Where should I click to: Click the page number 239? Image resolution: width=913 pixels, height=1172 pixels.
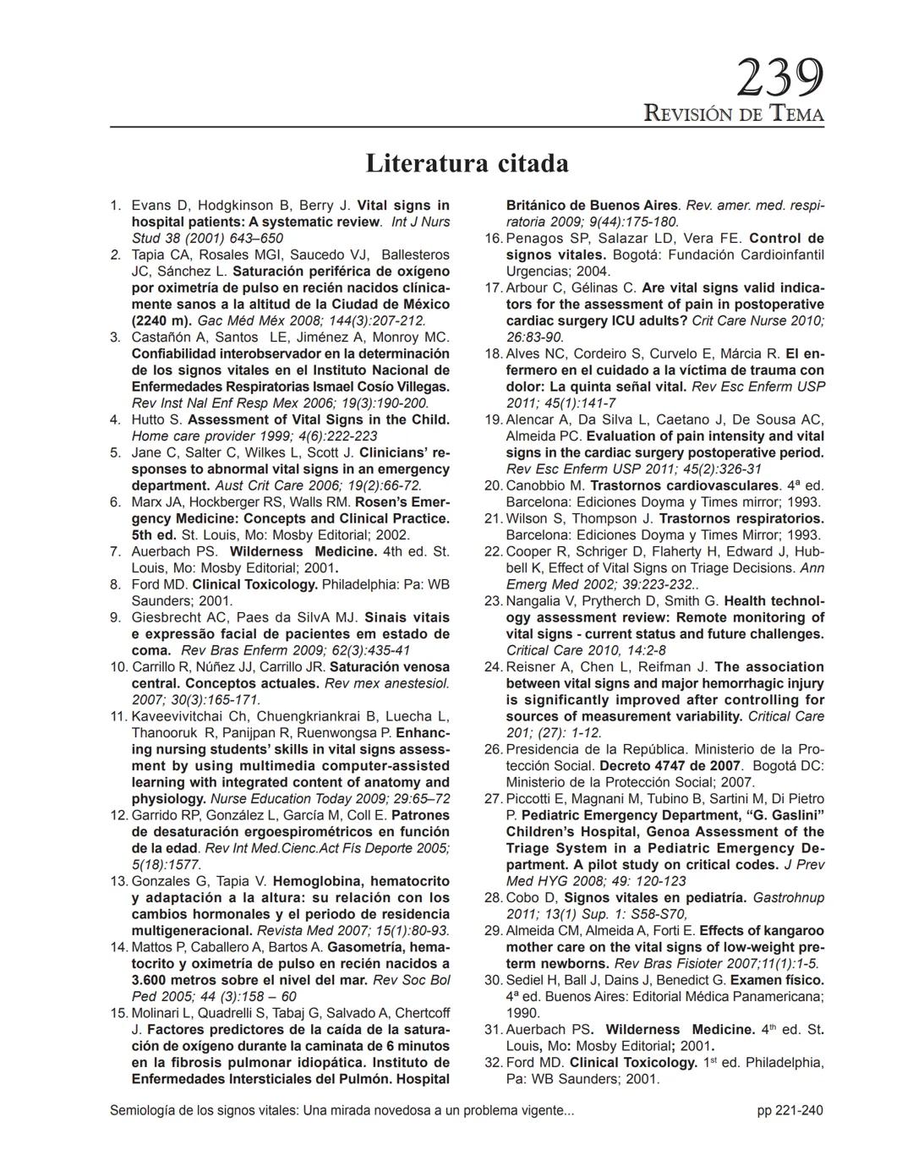coord(779,79)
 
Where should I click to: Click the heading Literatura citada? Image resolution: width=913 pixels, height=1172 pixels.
coord(467,162)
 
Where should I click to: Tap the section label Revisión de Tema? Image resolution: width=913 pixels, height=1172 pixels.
coord(733,113)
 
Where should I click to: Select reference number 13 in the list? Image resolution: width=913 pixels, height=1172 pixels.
coord(119,881)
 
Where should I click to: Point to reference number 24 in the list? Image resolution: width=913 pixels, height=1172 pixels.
coord(494,667)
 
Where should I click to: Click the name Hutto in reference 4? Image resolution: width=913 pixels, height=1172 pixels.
coord(150,420)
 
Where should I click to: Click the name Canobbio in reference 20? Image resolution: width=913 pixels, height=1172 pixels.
coord(536,486)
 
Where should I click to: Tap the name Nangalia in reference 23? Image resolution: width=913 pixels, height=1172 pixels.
coord(535,601)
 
